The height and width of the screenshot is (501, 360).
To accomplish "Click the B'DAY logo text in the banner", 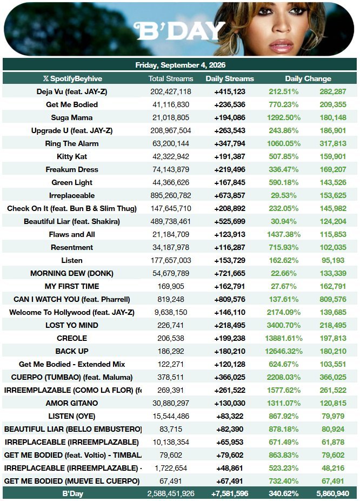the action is coord(180,31).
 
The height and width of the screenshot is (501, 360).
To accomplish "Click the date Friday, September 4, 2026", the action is coord(181,65).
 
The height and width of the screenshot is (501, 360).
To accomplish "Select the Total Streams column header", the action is coord(171,78).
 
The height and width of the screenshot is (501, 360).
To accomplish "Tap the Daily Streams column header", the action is coord(230,78).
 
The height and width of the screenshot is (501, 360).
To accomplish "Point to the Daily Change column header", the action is coord(308,78).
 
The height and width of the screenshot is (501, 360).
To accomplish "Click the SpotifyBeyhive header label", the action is coord(73,78).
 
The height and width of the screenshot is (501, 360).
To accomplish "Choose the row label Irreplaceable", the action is coord(72,195).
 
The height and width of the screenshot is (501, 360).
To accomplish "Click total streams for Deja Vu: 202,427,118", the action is coord(171,91).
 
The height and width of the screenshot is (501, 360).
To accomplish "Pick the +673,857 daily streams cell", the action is coord(230,195).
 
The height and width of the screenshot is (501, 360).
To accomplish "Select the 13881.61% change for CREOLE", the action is coord(284,338).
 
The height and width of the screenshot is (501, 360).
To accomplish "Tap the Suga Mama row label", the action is coord(72,117).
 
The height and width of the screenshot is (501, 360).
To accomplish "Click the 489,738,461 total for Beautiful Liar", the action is coord(171,221).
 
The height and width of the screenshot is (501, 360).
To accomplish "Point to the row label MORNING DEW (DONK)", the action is coord(72,274).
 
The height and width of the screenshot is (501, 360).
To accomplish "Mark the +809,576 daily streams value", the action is coord(230,299).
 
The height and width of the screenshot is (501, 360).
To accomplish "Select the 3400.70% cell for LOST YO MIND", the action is coord(284,325).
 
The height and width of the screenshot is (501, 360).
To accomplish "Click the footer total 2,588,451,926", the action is coord(171,493).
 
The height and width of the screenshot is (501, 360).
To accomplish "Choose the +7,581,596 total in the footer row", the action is coord(230,493).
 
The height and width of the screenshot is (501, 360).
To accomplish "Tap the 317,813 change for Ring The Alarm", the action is coord(333,143).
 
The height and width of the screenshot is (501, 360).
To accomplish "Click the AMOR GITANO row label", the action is coord(72,403).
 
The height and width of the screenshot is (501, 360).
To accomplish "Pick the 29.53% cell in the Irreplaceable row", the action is coord(284,195).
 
